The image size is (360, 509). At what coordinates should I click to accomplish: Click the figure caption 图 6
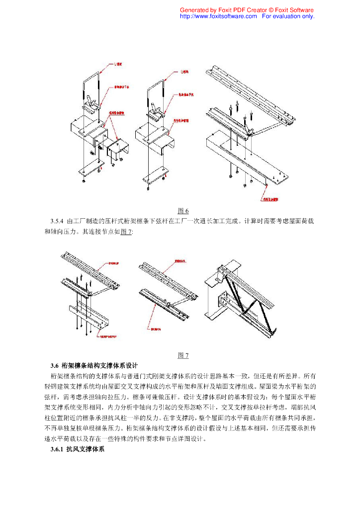[x=183, y=211]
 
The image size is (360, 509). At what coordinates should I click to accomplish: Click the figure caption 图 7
[x=183, y=355]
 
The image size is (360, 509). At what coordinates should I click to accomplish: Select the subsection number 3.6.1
[x=58, y=449]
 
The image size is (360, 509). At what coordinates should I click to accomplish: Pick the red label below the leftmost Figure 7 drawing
[x=109, y=336]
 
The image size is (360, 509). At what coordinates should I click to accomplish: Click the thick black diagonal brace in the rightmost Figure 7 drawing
[x=234, y=298]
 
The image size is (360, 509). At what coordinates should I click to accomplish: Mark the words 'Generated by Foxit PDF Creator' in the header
[x=222, y=10]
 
